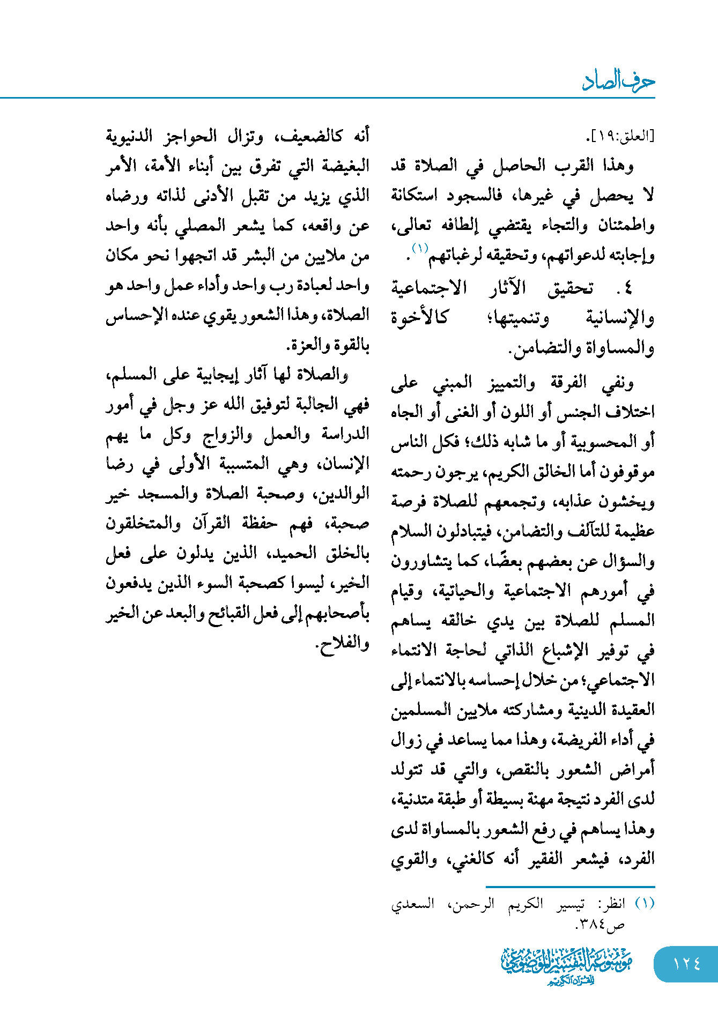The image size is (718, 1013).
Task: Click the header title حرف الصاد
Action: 618,81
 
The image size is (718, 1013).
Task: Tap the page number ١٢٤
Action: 686,964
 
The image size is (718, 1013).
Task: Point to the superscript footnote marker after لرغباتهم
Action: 419,248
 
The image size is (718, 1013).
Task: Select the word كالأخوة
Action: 419,318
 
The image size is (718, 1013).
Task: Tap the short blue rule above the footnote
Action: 570,887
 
